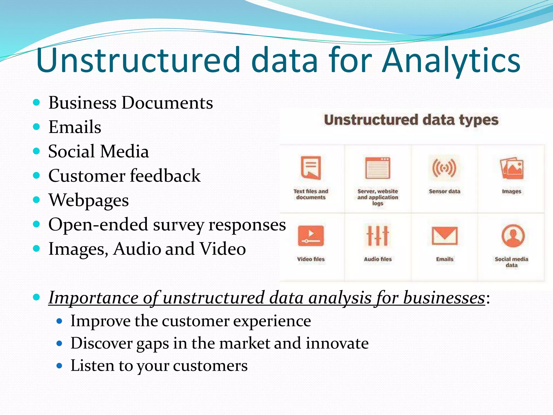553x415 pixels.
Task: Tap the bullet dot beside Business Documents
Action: click(x=36, y=102)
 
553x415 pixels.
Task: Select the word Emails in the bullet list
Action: click(x=75, y=127)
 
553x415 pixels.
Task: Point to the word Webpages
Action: click(x=89, y=200)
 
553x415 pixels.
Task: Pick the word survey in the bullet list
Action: click(x=178, y=225)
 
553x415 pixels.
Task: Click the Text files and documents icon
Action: click(x=311, y=168)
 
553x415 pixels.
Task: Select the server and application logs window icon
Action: click(x=377, y=168)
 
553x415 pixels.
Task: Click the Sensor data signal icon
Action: click(x=444, y=168)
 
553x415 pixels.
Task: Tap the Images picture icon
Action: click(x=511, y=169)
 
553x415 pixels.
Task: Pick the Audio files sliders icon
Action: click(x=377, y=235)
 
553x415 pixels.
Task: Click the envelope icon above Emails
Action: click(x=444, y=236)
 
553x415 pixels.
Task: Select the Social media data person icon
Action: click(x=513, y=236)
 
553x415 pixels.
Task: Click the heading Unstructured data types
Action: click(x=411, y=120)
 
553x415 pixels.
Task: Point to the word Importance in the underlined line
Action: click(x=93, y=298)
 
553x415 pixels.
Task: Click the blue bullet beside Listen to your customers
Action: click(x=59, y=366)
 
